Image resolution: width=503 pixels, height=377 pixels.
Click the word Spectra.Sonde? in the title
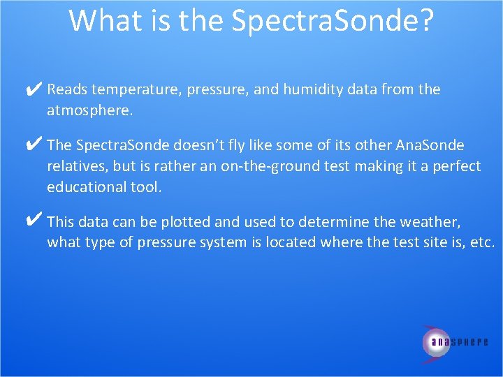[333, 21]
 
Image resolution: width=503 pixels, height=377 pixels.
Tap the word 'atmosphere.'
[89, 110]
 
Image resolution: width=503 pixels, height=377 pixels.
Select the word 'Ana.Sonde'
[430, 145]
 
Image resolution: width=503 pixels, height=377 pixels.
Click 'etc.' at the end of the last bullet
[481, 243]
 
